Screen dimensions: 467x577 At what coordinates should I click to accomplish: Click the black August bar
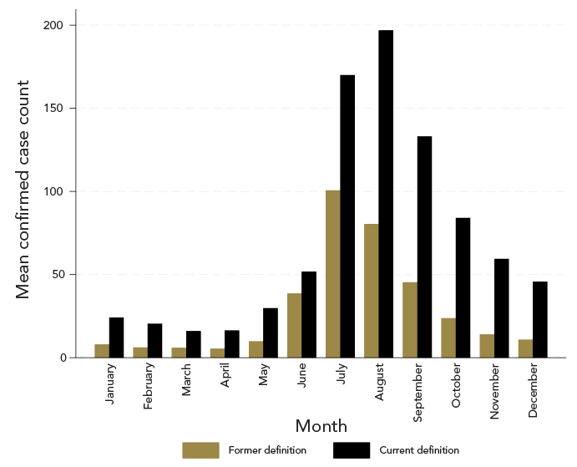click(x=386, y=194)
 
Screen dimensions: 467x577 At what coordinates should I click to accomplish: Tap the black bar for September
click(x=424, y=246)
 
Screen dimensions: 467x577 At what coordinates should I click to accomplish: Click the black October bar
click(x=463, y=287)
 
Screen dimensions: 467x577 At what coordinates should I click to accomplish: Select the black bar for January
click(x=116, y=338)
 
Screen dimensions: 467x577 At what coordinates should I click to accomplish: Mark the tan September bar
click(x=410, y=320)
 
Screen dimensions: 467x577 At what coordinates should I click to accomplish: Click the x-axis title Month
click(x=321, y=426)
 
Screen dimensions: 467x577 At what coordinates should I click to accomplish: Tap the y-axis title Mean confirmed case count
click(x=24, y=190)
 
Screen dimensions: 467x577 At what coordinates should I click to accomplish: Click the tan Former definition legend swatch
click(x=200, y=450)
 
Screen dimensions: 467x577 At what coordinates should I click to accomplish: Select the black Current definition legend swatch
click(x=351, y=450)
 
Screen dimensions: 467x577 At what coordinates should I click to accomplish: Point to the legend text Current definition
click(x=418, y=450)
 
